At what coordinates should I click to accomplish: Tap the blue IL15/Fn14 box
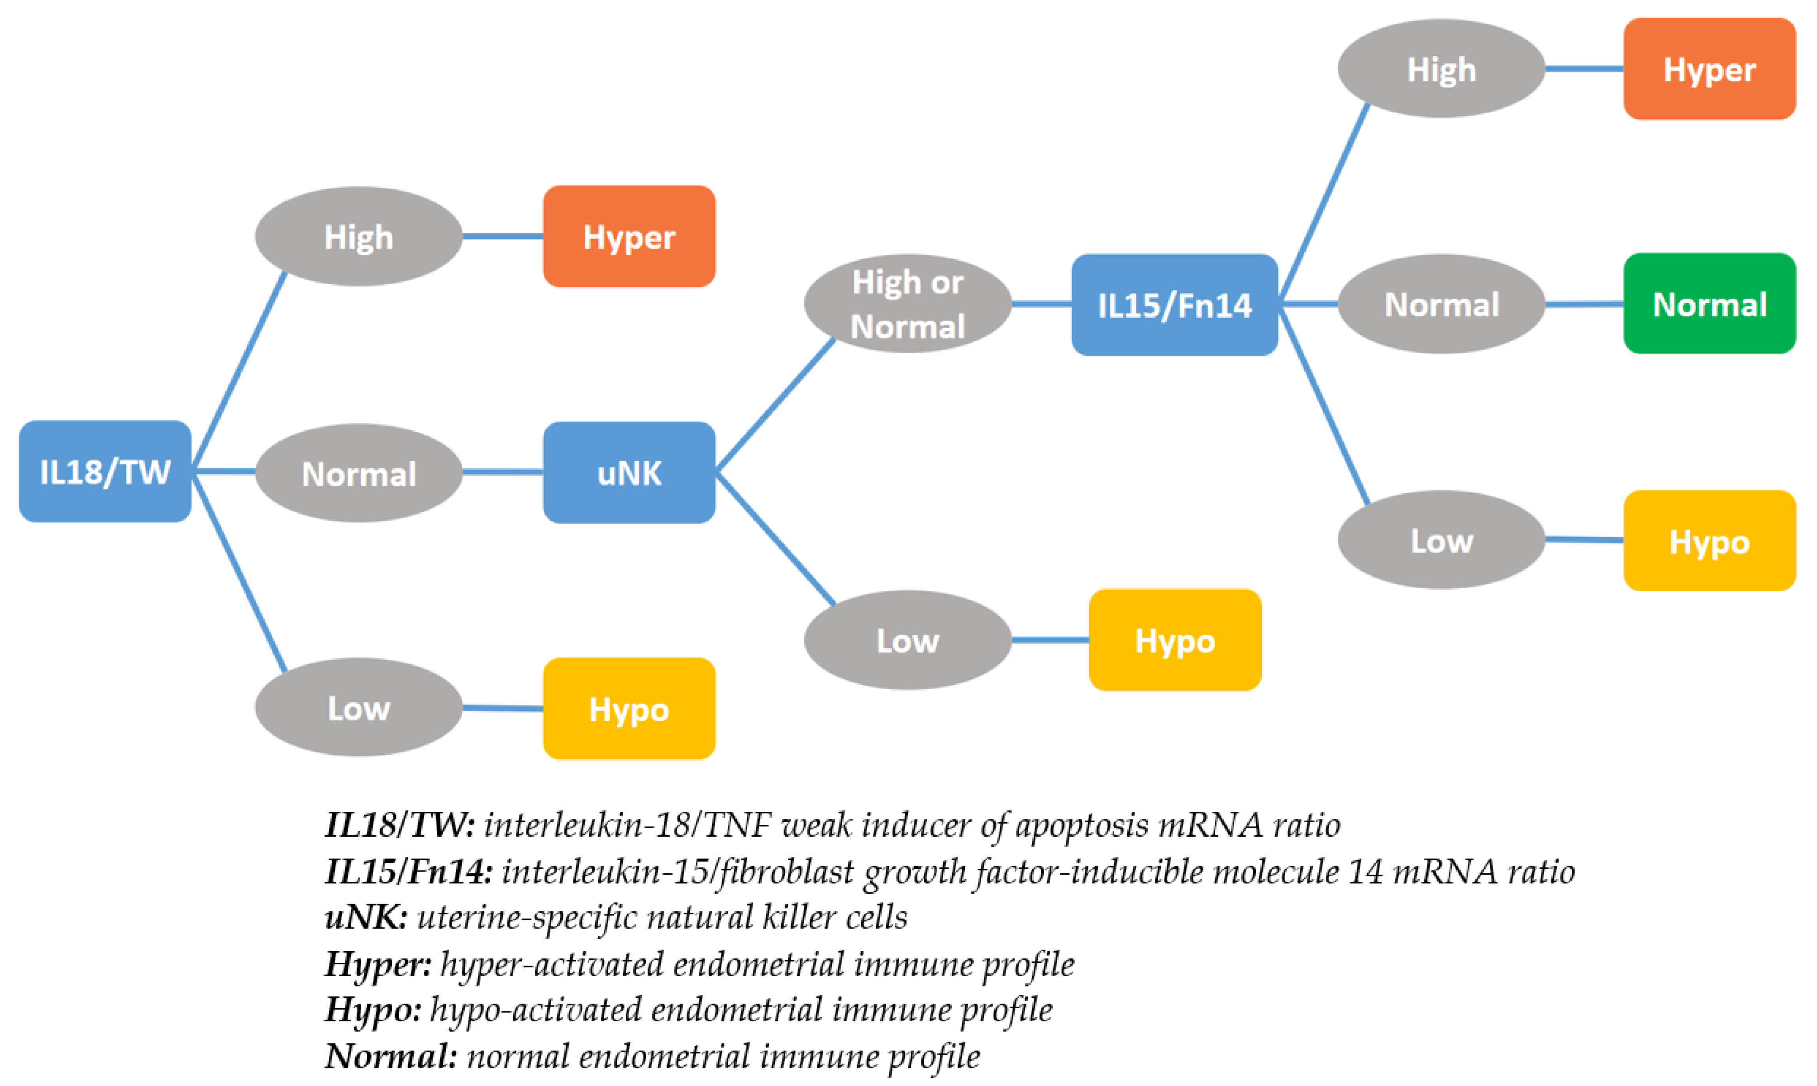tap(1174, 305)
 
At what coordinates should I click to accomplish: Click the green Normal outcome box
tap(1709, 304)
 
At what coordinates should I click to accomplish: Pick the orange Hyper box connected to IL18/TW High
tap(629, 236)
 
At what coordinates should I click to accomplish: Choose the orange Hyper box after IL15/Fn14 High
tap(1709, 69)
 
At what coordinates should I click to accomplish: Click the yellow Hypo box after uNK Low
tap(1174, 639)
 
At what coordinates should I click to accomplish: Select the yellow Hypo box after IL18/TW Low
tap(629, 708)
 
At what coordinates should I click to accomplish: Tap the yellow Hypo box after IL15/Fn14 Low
tap(1709, 541)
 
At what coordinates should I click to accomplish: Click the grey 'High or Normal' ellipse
tap(907, 304)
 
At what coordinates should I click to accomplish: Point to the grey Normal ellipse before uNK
tap(358, 473)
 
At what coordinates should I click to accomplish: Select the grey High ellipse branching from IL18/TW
tap(358, 236)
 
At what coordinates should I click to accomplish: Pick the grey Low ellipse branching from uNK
tap(907, 639)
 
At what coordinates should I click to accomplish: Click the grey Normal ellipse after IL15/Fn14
tap(1441, 304)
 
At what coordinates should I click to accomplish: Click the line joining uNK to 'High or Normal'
tap(776, 404)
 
